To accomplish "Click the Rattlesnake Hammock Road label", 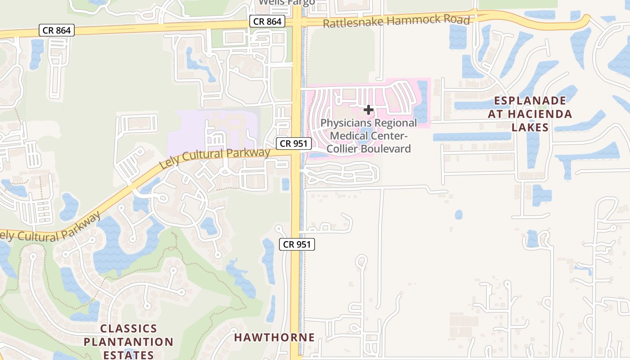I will (x=396, y=21).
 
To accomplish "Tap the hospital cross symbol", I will (x=369, y=109).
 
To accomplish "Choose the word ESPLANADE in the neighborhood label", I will (x=530, y=100).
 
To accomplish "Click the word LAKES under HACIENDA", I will (x=530, y=127).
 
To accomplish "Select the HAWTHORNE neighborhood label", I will (x=274, y=337).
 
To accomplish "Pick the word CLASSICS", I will (x=129, y=328).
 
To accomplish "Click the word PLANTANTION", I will (x=129, y=342).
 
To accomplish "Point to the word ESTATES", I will (x=129, y=355).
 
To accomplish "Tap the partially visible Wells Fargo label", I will (x=287, y=3).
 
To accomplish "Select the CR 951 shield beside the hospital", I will (x=294, y=144).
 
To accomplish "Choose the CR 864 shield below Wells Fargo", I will (x=267, y=21).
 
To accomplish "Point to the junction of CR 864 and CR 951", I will (x=297, y=22).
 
